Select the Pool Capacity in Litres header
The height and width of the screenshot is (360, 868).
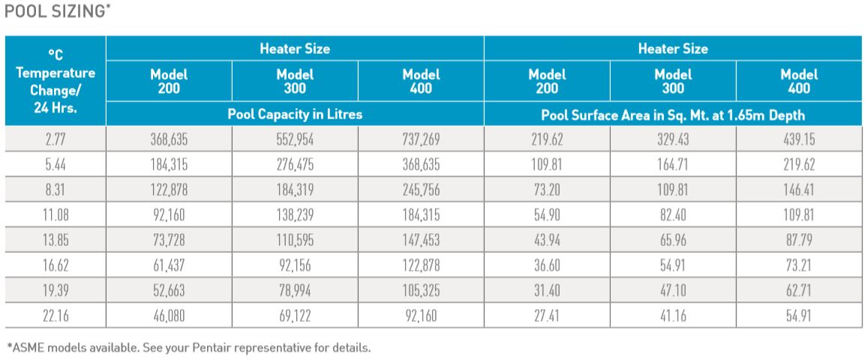tap(295, 115)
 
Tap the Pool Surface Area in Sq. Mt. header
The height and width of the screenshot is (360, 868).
tap(673, 115)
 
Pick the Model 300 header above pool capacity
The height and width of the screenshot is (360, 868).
tap(295, 80)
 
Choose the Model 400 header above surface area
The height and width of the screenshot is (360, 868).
tap(799, 80)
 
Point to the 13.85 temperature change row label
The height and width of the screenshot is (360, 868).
tap(56, 241)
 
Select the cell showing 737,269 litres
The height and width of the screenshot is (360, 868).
tap(421, 139)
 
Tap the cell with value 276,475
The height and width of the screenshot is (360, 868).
tap(295, 164)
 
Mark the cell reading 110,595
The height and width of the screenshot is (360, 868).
tap(295, 241)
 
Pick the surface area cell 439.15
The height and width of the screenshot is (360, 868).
tap(799, 139)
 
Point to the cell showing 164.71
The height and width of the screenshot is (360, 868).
tap(673, 164)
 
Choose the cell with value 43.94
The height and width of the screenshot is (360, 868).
tap(548, 241)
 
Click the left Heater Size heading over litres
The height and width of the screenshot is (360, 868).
tap(295, 49)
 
